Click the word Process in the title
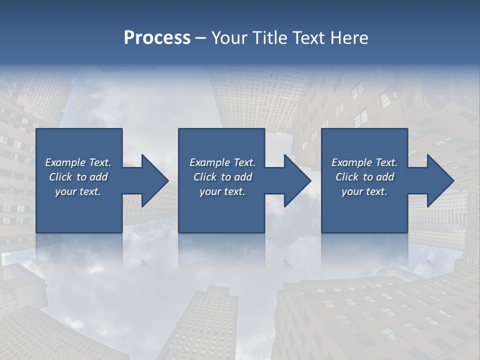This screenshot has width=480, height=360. point(157,38)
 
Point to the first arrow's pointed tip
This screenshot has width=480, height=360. point(168,180)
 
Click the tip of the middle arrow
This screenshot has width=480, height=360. point(311,180)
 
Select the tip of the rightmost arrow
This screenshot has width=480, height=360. point(454,180)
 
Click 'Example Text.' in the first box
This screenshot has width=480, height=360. point(78,162)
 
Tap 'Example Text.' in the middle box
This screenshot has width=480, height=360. point(222,162)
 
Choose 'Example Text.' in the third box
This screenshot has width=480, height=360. point(364,162)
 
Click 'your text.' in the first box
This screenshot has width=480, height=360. point(78,191)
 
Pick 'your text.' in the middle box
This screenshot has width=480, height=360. point(222,191)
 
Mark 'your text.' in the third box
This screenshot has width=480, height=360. point(364,191)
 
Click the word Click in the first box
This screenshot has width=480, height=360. point(61,177)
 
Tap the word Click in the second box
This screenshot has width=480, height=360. point(205,177)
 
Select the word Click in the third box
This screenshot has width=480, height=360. point(347,177)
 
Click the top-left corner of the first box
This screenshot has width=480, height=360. point(36,129)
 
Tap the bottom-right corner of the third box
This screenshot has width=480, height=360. point(407,232)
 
